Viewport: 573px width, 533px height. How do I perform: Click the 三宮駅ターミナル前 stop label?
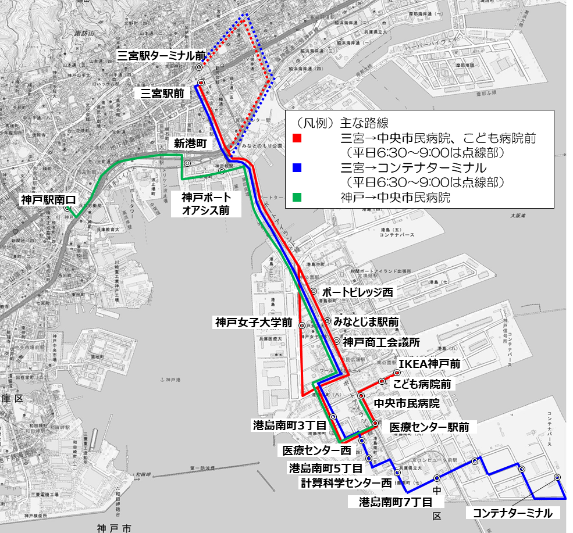tap(161, 56)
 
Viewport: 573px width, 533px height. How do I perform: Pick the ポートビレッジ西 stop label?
tap(357, 292)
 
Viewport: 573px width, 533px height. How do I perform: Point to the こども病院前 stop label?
tap(422, 384)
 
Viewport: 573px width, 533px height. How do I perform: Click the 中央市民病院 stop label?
tap(406, 403)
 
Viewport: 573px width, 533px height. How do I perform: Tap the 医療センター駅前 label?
tap(429, 427)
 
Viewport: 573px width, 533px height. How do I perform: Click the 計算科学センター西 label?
tap(346, 482)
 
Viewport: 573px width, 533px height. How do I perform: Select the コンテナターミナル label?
tap(512, 513)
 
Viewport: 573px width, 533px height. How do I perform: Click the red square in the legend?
tap(297, 139)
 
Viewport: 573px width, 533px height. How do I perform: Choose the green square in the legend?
tap(297, 198)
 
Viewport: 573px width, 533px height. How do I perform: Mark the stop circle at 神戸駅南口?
tap(67, 208)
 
